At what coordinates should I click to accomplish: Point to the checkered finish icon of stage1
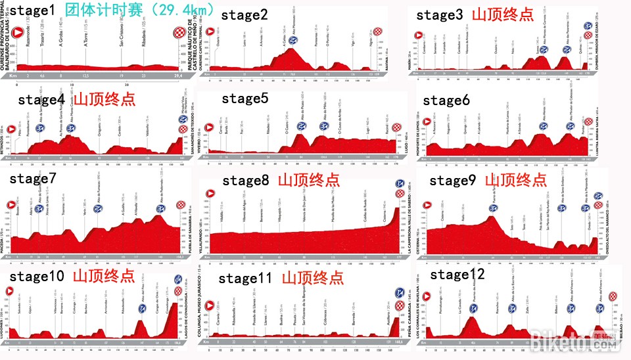click(179, 33)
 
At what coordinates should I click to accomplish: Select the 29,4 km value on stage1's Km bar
click(178, 76)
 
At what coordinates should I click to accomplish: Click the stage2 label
click(244, 15)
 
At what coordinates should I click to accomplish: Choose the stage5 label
click(245, 99)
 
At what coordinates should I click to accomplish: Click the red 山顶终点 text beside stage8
click(309, 180)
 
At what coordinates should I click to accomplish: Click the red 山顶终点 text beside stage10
click(104, 275)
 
